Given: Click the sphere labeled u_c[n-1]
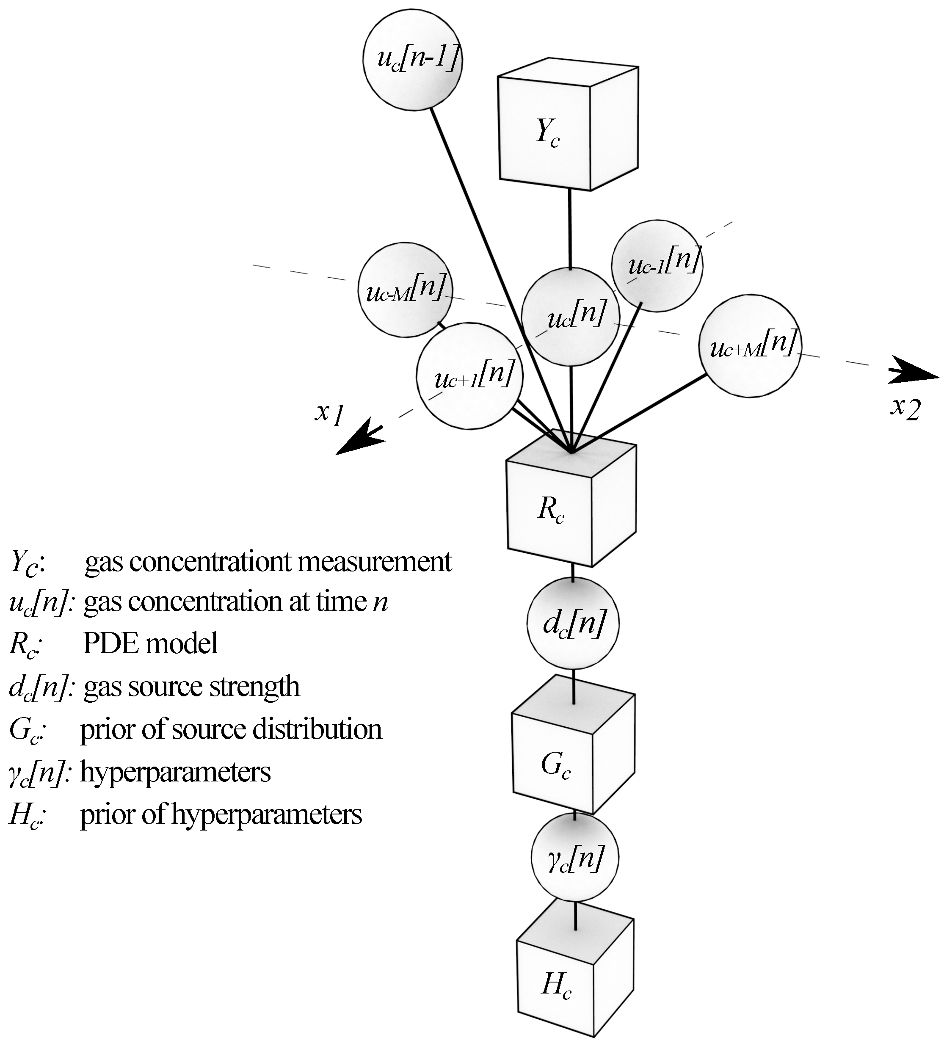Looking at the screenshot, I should tap(412, 60).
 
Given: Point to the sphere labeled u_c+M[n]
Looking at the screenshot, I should tap(750, 346).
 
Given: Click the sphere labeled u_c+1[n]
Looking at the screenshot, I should tap(469, 376).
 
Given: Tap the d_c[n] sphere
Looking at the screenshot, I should tap(573, 624).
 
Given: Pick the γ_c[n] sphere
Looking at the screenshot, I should tap(575, 860).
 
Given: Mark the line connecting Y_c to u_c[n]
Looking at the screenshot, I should tap(571, 228).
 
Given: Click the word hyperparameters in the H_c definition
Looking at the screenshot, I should tap(267, 814).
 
